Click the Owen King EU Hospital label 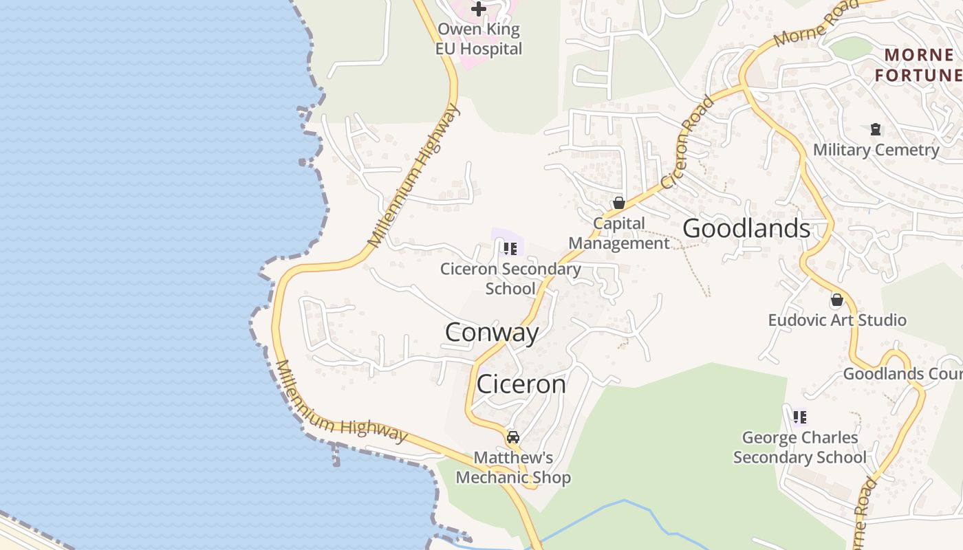point(479,39)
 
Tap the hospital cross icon point(479,10)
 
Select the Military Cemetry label point(876,150)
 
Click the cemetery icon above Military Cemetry point(876,129)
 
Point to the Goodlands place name point(746,228)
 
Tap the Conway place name point(492,333)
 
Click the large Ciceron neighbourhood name point(521,384)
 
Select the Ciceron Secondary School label point(510,278)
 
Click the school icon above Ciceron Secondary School point(510,248)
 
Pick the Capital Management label point(618,233)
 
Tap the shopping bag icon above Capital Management point(618,203)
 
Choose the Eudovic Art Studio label point(837,320)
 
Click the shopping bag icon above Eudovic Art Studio point(837,300)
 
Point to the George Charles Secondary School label point(800,448)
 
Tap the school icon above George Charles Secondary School point(799,417)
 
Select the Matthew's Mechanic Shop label point(513,467)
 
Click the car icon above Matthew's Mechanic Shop point(513,437)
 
